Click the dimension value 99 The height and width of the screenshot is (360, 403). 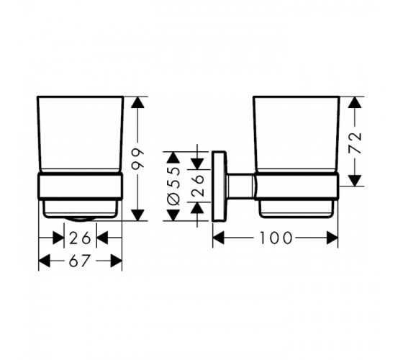[137, 159]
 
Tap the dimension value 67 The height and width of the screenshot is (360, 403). [80, 261]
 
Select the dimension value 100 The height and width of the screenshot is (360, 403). [276, 238]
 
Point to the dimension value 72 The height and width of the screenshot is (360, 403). [356, 143]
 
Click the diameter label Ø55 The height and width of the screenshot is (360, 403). [173, 186]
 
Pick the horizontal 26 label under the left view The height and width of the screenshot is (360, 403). [80, 238]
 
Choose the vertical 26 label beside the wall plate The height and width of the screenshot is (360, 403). [197, 186]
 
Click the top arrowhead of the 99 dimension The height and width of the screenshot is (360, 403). [137, 102]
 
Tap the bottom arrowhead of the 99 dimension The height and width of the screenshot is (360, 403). [137, 215]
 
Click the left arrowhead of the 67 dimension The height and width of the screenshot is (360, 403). [44, 261]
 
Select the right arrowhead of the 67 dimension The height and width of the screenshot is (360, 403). [116, 261]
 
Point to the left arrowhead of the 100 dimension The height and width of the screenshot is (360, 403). [219, 238]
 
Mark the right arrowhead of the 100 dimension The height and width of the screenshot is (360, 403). [332, 238]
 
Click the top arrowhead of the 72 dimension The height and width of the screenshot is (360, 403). [356, 102]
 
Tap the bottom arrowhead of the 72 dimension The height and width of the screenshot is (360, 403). [356, 181]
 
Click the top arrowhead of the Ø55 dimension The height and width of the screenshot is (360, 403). [173, 157]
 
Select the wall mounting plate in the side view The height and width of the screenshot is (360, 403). [219, 186]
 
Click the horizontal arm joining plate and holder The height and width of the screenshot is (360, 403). [240, 186]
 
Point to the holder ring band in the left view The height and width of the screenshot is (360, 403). [81, 186]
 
